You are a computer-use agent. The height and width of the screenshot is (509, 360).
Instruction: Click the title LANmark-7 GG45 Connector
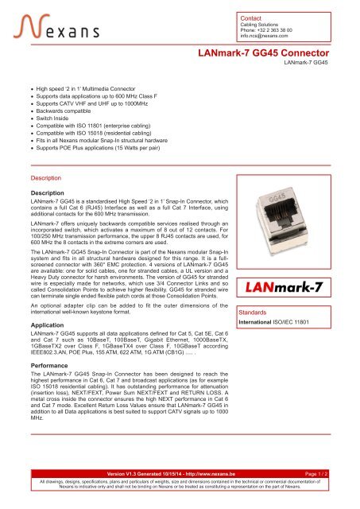pos(261,54)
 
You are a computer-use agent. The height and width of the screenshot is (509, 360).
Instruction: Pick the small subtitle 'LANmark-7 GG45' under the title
pos(306,63)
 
